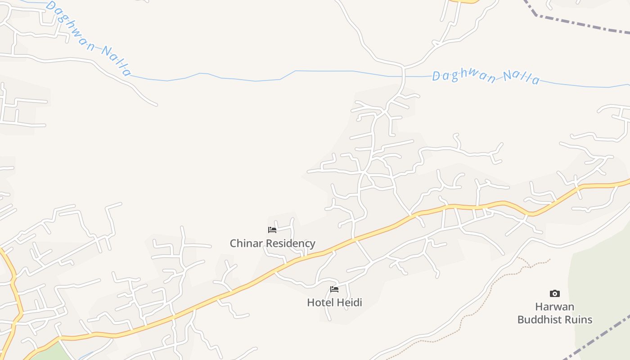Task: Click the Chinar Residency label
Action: [x=272, y=243]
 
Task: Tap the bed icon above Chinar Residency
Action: [x=272, y=230]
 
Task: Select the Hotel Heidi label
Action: [x=334, y=302]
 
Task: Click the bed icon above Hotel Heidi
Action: [x=334, y=289]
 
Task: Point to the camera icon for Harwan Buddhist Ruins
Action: [x=555, y=294]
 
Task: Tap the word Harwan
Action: [x=554, y=307]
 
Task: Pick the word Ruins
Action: [x=580, y=320]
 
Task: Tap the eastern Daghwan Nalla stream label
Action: [x=486, y=77]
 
